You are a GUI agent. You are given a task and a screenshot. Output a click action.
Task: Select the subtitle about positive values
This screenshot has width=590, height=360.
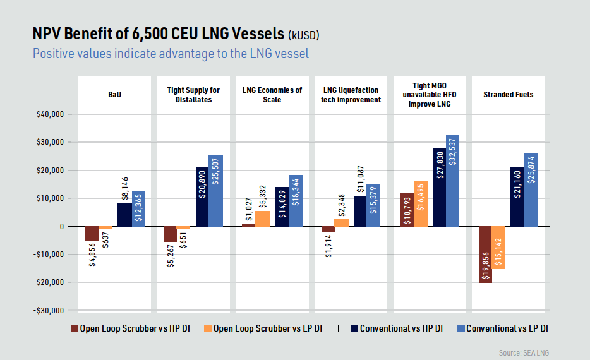pyautogui.click(x=171, y=54)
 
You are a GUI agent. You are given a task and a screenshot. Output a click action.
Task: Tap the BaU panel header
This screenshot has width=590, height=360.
pyautogui.click(x=114, y=95)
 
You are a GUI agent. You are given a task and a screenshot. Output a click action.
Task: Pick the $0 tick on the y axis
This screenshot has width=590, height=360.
pyautogui.click(x=61, y=226)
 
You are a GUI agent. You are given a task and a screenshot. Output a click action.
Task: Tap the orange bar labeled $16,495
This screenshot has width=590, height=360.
pyautogui.click(x=421, y=203)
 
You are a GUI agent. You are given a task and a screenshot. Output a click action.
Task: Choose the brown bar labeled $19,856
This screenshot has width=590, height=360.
pyautogui.click(x=485, y=254)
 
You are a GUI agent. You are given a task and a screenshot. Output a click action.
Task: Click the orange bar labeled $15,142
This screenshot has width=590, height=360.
pyautogui.click(x=498, y=248)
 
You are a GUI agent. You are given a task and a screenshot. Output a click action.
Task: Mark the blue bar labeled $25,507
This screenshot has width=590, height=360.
pyautogui.click(x=215, y=190)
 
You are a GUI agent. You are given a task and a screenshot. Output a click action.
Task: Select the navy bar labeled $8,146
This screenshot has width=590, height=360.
pyautogui.click(x=124, y=215)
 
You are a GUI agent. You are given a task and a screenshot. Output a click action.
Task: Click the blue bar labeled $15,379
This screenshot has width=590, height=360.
pyautogui.click(x=373, y=205)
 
